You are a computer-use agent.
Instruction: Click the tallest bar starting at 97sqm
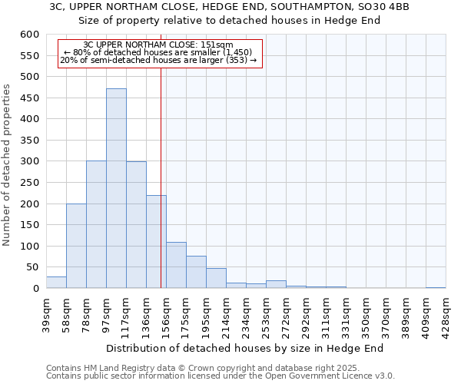116,188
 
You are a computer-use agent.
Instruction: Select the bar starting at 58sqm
76,246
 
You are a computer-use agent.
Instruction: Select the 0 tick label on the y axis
35,289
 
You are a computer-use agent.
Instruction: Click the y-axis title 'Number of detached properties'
8,166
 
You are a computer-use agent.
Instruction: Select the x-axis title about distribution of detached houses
244,348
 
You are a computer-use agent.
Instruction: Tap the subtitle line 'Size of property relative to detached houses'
230,21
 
